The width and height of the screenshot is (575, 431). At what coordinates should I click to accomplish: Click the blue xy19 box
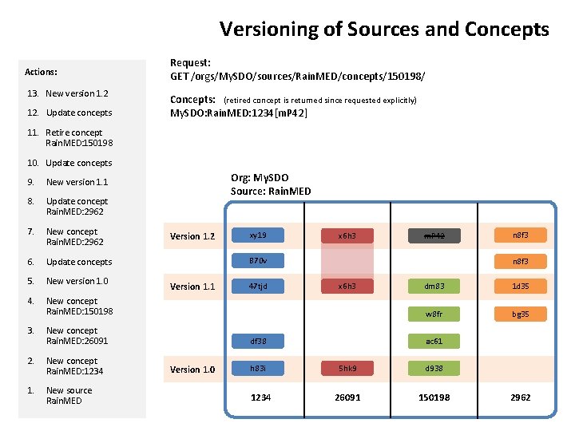click(257, 235)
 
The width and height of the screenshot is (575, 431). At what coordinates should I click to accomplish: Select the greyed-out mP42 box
click(434, 235)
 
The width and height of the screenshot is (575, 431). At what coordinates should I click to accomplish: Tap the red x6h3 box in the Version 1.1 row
click(346, 286)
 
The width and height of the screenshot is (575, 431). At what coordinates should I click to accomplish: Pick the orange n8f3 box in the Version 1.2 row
click(521, 235)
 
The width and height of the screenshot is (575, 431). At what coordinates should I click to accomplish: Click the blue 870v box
click(257, 260)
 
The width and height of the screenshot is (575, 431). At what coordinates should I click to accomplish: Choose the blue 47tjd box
click(257, 286)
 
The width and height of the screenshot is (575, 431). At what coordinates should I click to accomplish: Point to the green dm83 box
click(434, 286)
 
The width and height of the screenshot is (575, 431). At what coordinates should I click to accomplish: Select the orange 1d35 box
click(521, 286)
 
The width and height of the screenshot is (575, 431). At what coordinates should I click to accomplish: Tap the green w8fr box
click(434, 314)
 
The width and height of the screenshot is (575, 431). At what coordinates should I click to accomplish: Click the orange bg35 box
click(521, 314)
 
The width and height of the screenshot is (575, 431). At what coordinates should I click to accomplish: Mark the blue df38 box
click(257, 341)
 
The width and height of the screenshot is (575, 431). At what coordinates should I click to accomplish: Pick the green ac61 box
click(434, 341)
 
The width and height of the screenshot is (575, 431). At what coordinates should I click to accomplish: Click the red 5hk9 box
click(346, 369)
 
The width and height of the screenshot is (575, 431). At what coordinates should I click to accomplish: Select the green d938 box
click(434, 369)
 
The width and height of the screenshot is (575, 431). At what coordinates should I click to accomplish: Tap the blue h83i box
click(257, 369)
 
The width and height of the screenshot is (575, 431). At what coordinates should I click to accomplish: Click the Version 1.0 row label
click(192, 370)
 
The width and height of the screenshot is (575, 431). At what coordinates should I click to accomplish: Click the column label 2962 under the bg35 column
click(520, 397)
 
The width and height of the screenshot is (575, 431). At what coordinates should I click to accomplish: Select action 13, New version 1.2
click(77, 93)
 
